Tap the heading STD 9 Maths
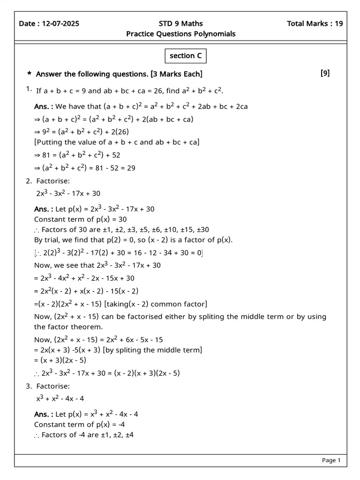[x=181, y=24]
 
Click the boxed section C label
[x=186, y=56]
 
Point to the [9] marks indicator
[x=325, y=73]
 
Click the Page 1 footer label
[x=331, y=460]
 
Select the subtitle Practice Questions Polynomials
[x=181, y=34]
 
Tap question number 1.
[x=29, y=89]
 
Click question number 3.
[x=29, y=386]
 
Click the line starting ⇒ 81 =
[x=77, y=155]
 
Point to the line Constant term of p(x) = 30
[x=80, y=219]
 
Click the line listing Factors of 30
[x=122, y=230]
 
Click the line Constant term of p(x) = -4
[x=79, y=424]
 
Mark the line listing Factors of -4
[x=84, y=435]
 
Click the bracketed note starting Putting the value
[x=117, y=142]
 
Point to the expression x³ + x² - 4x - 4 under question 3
[x=60, y=399]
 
